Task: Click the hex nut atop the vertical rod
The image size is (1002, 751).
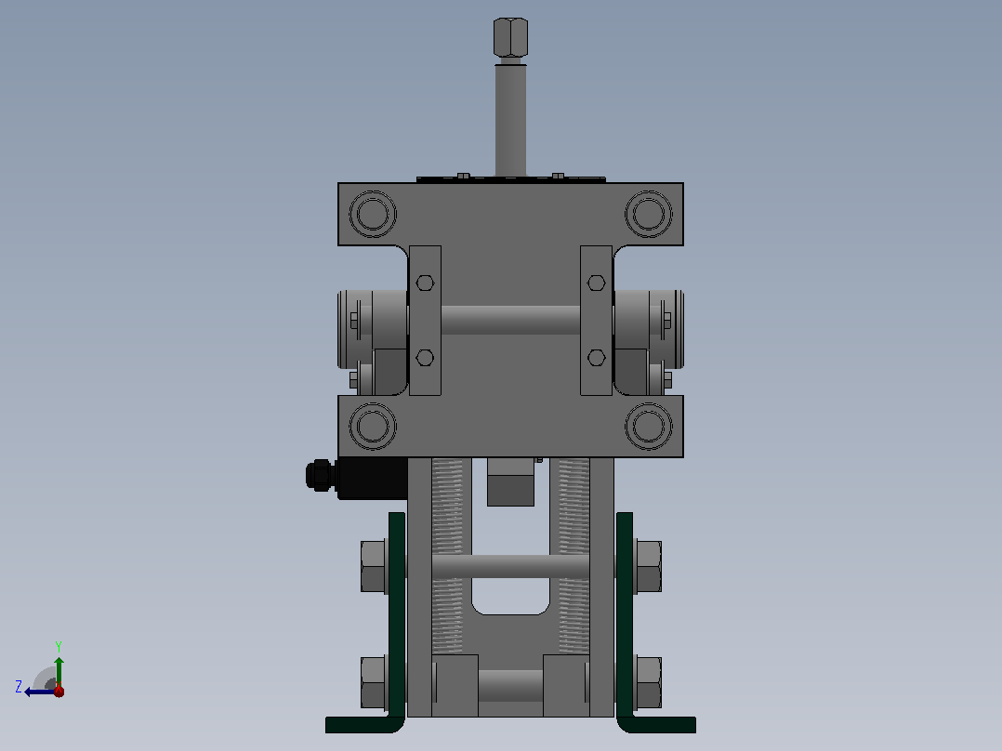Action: click(510, 37)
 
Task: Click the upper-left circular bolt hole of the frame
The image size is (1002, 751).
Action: click(374, 214)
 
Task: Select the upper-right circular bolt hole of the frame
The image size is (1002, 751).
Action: click(649, 214)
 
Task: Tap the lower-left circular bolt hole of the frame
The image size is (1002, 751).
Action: click(374, 427)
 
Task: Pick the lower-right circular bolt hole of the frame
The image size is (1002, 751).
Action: click(649, 427)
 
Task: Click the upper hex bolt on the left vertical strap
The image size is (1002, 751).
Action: click(425, 283)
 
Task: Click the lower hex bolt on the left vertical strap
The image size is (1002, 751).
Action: click(425, 357)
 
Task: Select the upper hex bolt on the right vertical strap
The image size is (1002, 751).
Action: click(596, 283)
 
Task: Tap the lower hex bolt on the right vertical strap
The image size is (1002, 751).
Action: click(596, 357)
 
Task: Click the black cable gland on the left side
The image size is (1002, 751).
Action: click(322, 476)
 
